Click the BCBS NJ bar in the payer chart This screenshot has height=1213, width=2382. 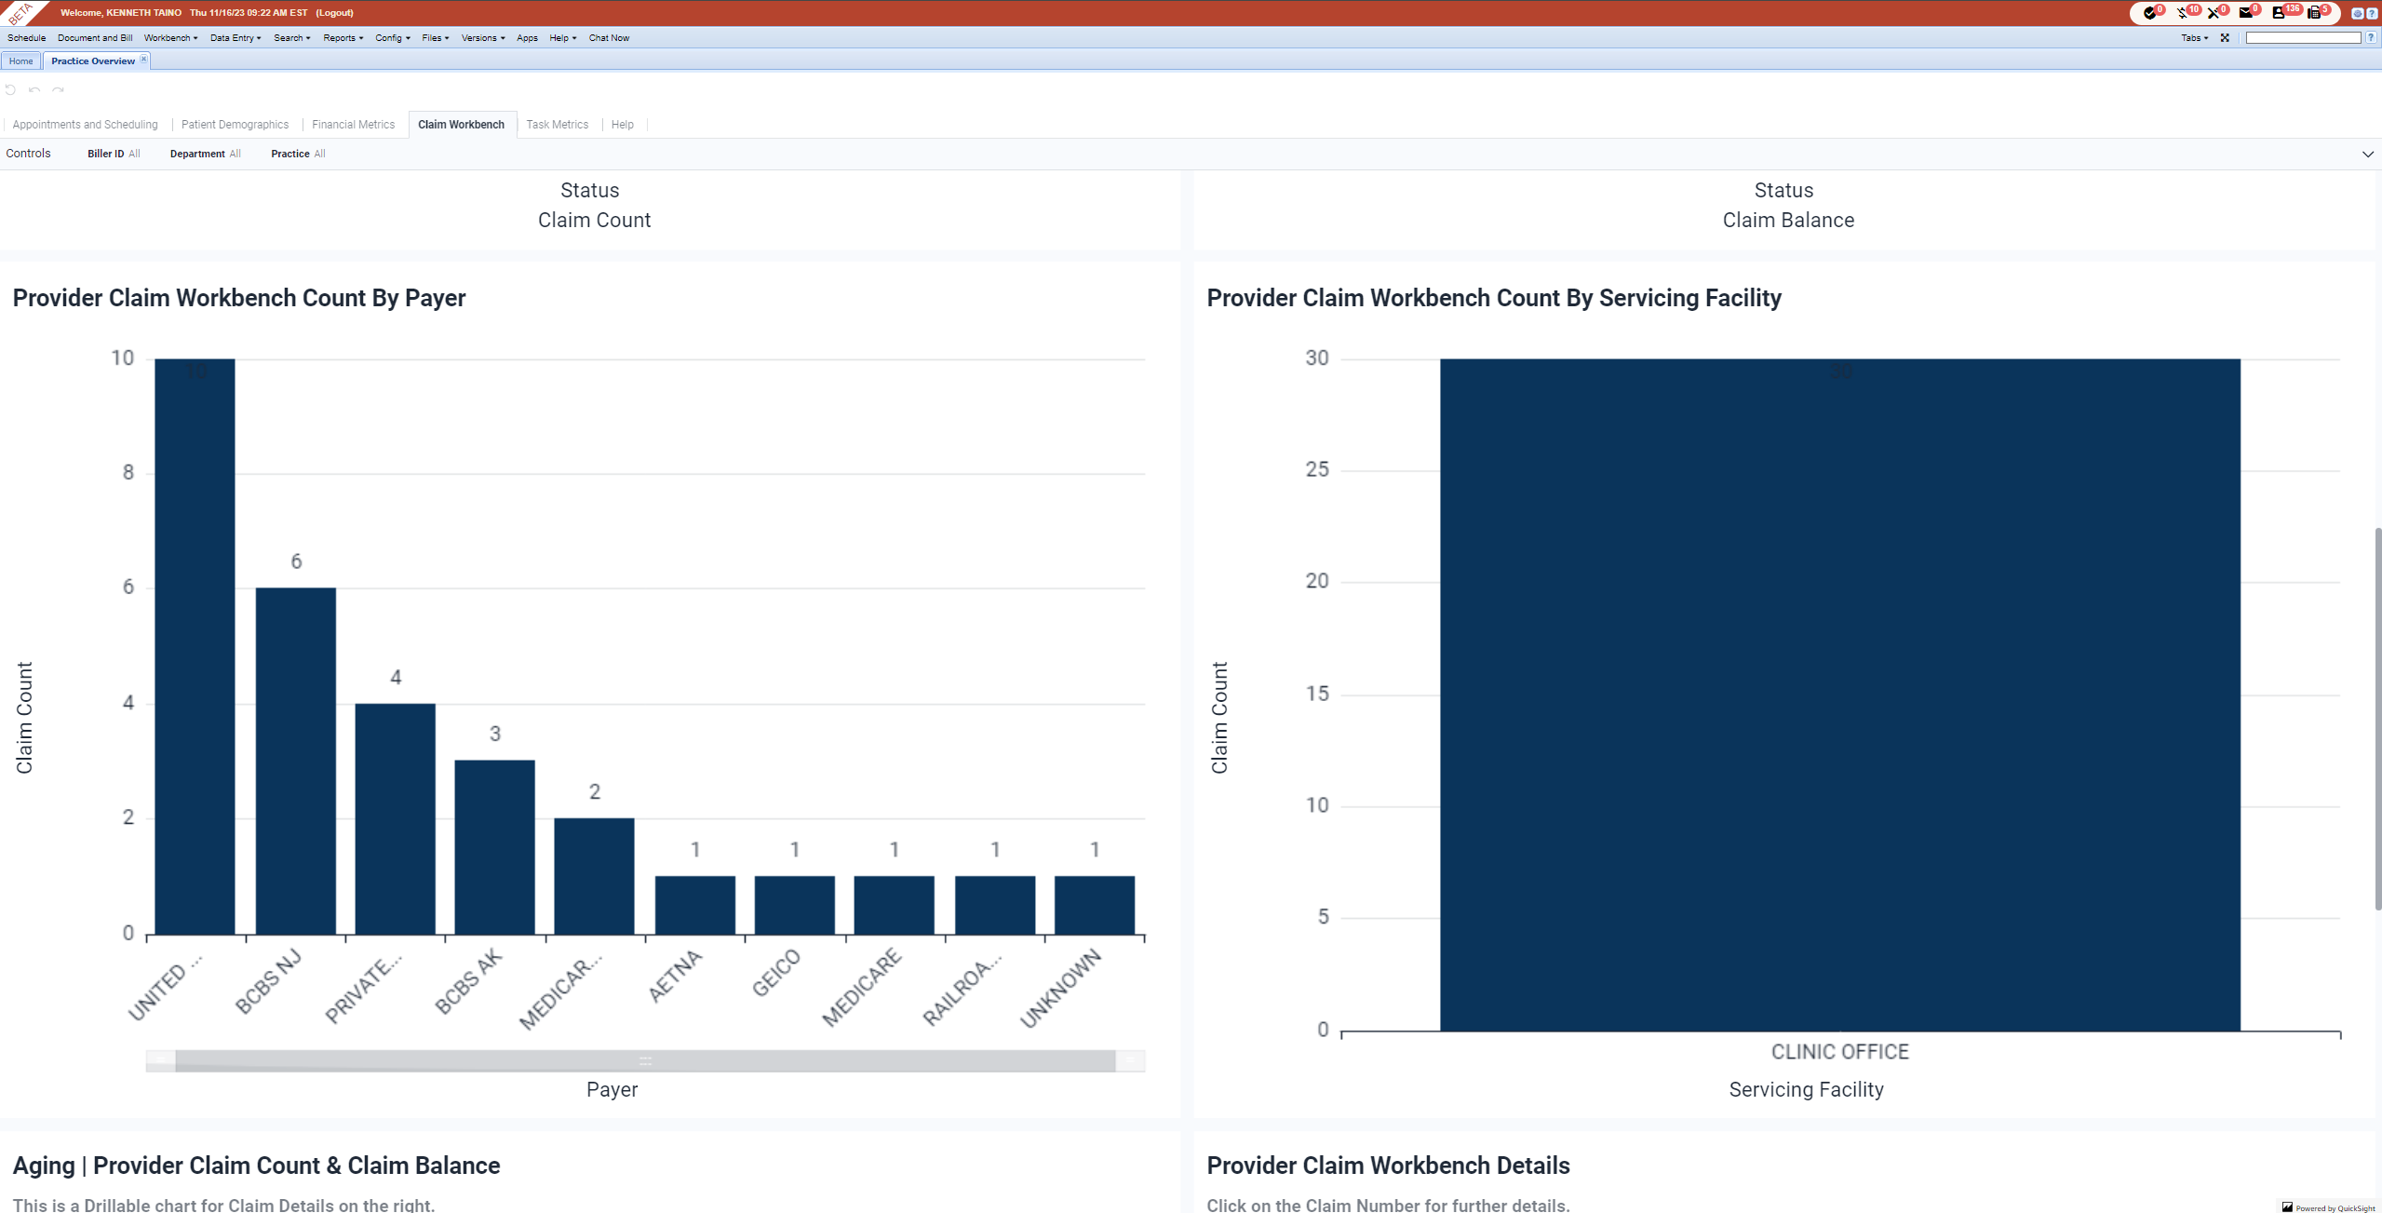(x=296, y=761)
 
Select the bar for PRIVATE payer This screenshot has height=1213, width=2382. (x=395, y=818)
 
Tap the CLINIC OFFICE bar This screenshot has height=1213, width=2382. (x=1839, y=694)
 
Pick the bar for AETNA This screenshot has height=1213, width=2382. (x=694, y=905)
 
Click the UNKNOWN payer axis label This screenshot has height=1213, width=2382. (x=1061, y=988)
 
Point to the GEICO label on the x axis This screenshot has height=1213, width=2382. (x=776, y=973)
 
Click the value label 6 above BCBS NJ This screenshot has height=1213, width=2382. (x=296, y=561)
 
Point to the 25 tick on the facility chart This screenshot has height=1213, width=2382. (x=1317, y=469)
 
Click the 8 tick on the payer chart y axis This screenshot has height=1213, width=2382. (x=128, y=473)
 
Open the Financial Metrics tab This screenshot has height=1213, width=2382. (x=353, y=125)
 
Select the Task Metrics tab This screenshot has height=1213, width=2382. (x=557, y=125)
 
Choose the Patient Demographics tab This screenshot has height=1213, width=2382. (x=235, y=125)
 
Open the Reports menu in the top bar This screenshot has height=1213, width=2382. (x=343, y=38)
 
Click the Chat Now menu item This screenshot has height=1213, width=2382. (x=609, y=38)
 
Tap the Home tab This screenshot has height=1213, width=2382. (x=20, y=61)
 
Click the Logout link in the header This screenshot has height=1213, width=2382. (x=334, y=13)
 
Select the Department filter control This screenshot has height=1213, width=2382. (x=205, y=154)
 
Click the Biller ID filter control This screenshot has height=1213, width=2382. (x=114, y=154)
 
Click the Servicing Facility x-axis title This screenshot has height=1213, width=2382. (x=1806, y=1089)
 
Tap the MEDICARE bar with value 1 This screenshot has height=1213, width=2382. (x=894, y=905)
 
